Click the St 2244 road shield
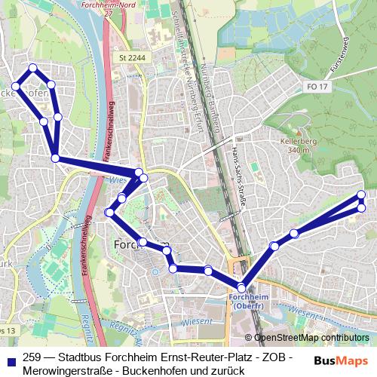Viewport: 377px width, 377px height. click(x=131, y=57)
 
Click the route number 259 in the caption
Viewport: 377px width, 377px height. click(x=32, y=357)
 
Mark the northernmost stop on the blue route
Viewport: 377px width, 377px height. click(x=32, y=69)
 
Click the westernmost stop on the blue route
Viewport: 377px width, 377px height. click(x=16, y=87)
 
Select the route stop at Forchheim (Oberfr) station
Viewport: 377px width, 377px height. click(x=241, y=287)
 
